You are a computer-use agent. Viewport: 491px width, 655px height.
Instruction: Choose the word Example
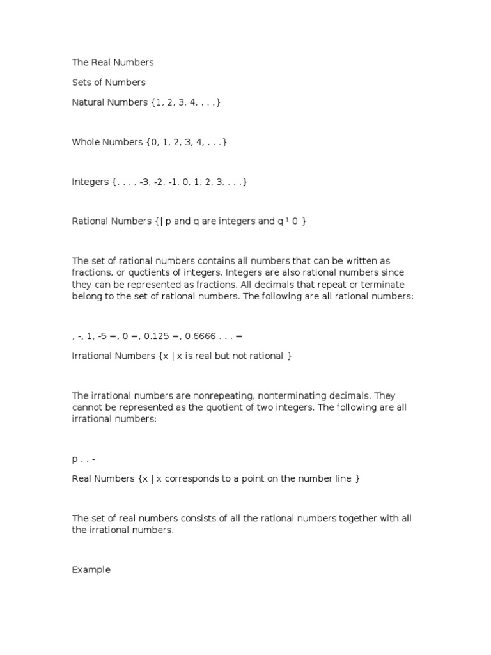coord(91,569)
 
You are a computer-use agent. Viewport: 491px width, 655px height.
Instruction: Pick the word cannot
coord(87,407)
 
